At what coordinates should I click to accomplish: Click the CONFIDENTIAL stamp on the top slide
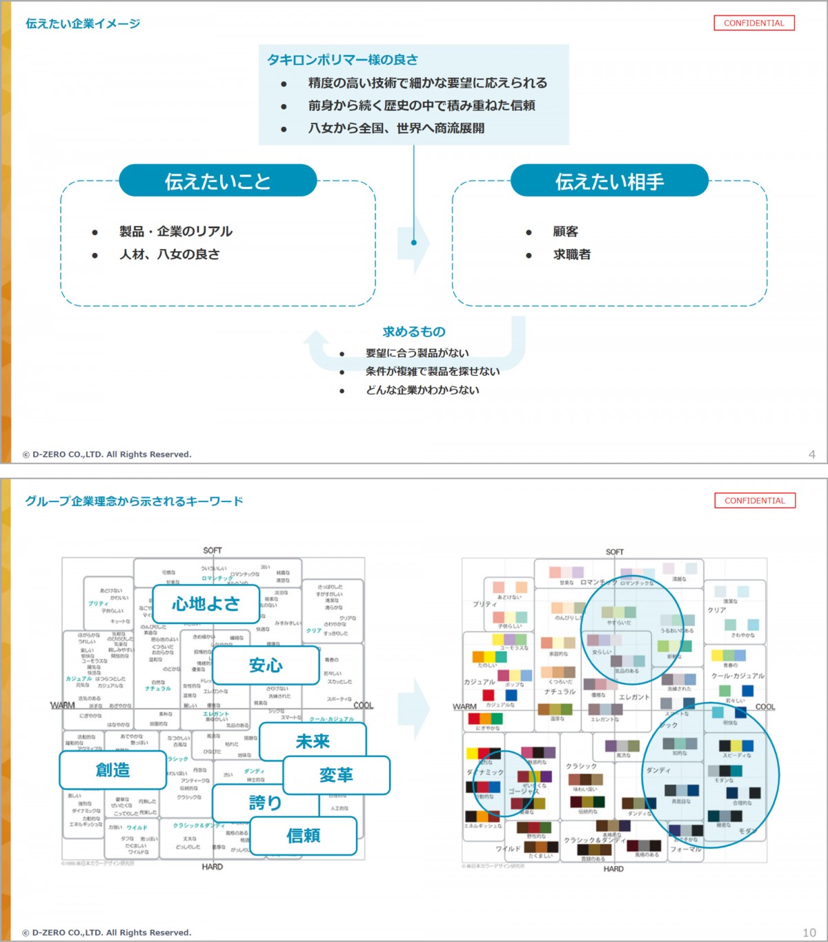753,23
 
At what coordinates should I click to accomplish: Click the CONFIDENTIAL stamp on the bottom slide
754,501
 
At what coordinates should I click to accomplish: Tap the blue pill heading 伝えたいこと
217,181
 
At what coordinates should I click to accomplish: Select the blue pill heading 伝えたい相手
609,181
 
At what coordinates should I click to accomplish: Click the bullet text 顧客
566,232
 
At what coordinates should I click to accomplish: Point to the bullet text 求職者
572,254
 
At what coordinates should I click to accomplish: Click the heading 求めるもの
414,332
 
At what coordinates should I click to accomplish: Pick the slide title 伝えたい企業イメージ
83,23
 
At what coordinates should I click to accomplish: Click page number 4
811,454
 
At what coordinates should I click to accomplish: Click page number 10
809,932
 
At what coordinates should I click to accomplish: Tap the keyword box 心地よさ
206,604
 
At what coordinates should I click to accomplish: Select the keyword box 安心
266,665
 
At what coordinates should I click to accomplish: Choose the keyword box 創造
112,770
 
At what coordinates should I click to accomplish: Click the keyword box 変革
336,775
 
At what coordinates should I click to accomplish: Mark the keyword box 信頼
304,836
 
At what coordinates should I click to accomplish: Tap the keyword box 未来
313,741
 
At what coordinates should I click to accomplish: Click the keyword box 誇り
265,803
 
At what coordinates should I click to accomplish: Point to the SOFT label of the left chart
213,550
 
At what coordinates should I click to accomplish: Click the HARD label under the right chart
613,869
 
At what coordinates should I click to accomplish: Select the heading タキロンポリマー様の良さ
342,60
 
